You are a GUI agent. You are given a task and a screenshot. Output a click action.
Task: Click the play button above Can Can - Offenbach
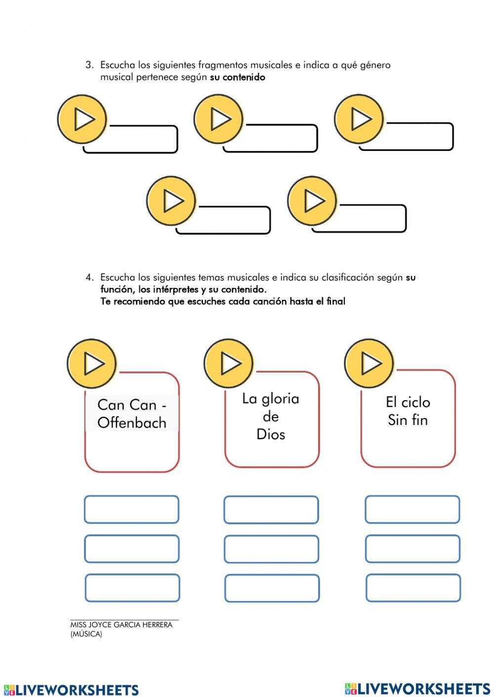(92, 364)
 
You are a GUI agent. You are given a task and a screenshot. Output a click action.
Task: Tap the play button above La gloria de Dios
(229, 363)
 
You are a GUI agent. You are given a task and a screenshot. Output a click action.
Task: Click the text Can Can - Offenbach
(132, 414)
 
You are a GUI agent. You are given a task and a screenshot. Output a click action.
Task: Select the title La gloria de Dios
(271, 416)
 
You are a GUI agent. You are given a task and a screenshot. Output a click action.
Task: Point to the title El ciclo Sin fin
(408, 411)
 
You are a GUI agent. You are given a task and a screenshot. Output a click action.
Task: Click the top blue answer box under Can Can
(131, 510)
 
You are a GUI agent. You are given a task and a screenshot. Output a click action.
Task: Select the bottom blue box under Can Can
(132, 588)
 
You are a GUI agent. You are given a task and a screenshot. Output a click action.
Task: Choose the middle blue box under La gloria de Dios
(271, 549)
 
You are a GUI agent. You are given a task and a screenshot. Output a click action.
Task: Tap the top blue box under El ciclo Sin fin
(412, 509)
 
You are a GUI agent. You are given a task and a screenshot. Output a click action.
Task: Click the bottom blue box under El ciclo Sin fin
(413, 588)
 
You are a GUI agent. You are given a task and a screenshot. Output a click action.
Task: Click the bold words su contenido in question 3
(238, 77)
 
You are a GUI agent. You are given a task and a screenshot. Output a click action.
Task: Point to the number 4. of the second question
(89, 278)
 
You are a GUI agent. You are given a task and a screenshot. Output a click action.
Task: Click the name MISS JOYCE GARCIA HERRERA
(122, 625)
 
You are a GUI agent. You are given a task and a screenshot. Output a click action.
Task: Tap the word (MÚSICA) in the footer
(86, 634)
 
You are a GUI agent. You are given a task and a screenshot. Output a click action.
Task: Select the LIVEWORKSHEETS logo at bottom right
(417, 689)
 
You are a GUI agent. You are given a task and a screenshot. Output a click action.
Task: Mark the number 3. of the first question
(89, 65)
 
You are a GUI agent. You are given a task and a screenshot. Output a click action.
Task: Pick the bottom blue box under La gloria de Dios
(272, 588)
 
